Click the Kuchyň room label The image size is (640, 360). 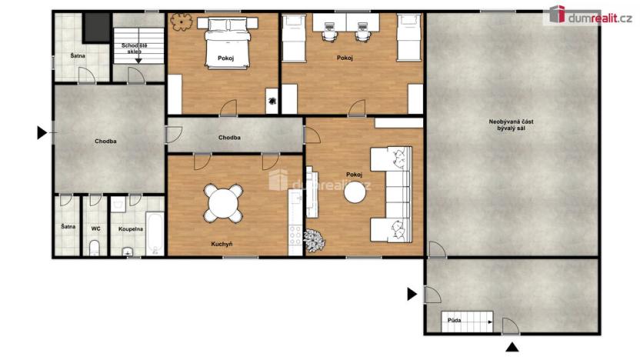click(222, 244)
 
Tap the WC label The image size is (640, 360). click(95, 228)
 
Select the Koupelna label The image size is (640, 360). click(131, 229)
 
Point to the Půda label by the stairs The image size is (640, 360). click(455, 320)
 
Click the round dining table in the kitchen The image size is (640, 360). click(223, 203)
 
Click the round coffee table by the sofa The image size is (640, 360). click(355, 192)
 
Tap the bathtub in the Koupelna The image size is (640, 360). click(155, 233)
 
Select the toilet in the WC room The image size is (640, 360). click(95, 248)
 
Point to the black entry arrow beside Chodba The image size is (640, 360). click(42, 132)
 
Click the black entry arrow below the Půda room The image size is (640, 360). click(512, 347)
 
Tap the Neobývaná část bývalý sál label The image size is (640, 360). click(511, 125)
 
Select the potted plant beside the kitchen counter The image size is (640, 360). click(315, 240)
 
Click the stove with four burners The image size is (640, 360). click(295, 235)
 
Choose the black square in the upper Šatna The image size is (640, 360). click(97, 28)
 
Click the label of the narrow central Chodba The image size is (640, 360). click(229, 138)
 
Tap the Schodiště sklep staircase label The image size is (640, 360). click(135, 48)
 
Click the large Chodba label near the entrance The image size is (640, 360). click(105, 142)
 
